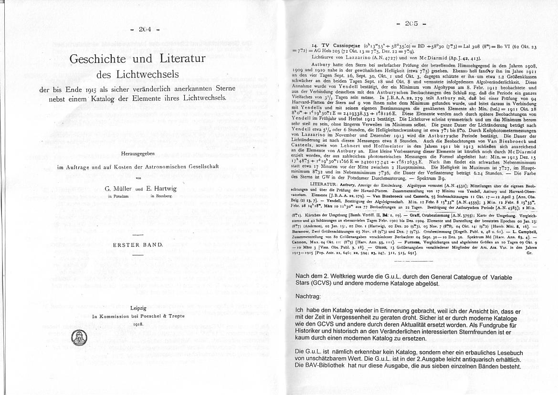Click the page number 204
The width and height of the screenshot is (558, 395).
(145, 29)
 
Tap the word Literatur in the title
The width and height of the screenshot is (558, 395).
(180, 59)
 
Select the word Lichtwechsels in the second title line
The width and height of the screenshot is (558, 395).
(151, 75)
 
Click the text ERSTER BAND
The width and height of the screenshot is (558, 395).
(137, 244)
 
